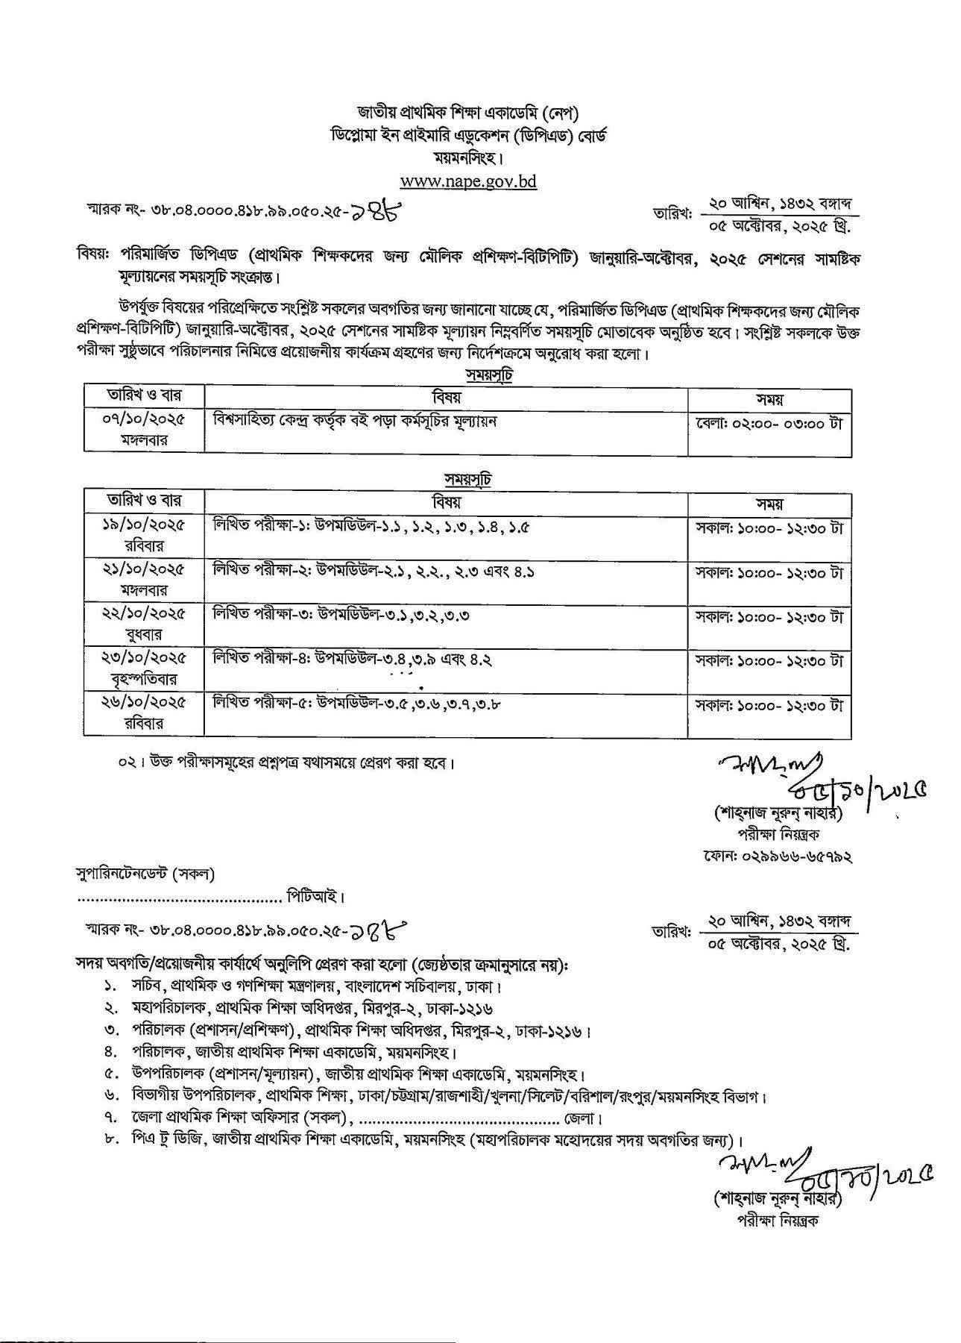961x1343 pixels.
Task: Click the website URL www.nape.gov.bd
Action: click(468, 181)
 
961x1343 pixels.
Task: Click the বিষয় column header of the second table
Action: click(446, 501)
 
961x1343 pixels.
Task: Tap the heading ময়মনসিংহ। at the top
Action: click(468, 158)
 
